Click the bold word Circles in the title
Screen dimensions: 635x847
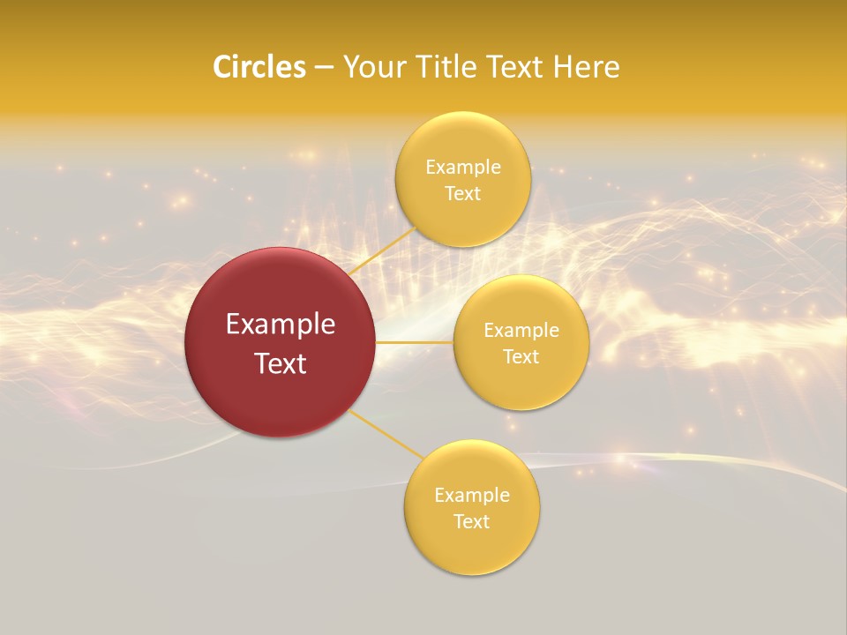[259, 67]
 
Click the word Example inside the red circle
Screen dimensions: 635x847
[281, 325]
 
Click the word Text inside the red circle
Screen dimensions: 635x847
[281, 363]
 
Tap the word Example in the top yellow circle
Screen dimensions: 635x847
[463, 167]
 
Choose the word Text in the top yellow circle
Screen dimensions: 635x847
[462, 193]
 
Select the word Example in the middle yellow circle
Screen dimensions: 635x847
[521, 330]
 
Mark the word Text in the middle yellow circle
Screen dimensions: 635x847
[521, 356]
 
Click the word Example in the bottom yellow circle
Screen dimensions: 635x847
[472, 495]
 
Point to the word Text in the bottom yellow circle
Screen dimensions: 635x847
[471, 521]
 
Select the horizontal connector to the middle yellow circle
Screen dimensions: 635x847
[414, 342]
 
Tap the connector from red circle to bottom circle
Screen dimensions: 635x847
[387, 434]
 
